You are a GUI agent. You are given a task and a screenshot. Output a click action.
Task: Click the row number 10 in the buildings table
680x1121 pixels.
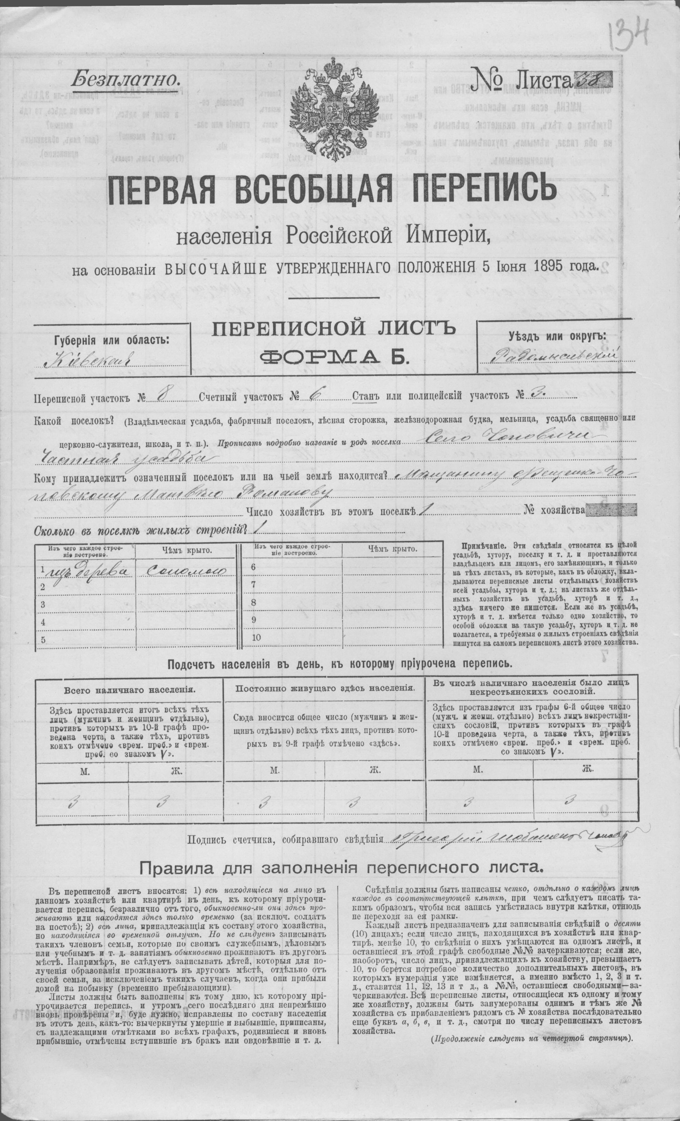click(256, 637)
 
